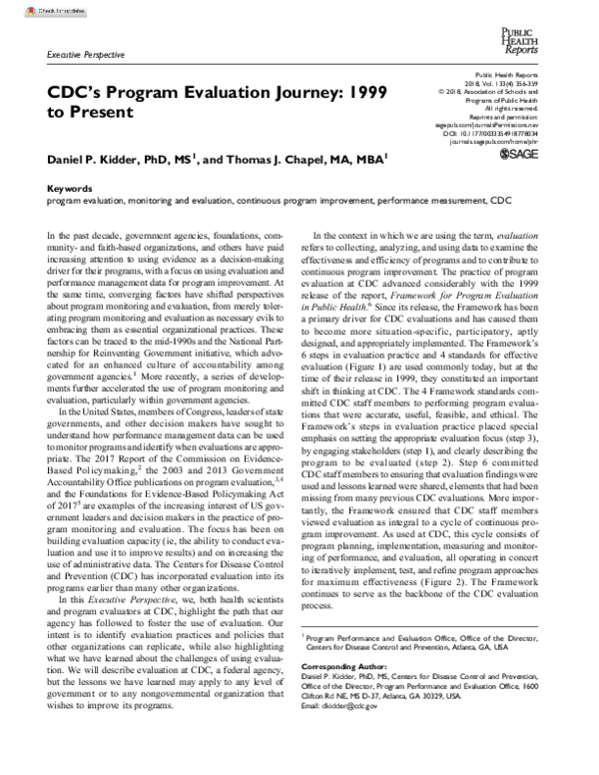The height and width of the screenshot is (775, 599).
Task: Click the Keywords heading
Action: tap(71, 188)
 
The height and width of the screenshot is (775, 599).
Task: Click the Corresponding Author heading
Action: tap(349, 662)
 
